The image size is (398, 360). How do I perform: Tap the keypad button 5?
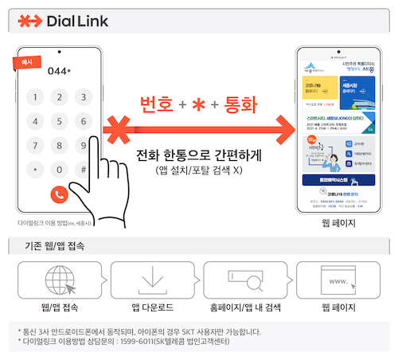coord(58,121)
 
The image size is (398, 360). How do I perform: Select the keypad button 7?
coord(33,146)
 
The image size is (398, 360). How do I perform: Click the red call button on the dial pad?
coord(58,194)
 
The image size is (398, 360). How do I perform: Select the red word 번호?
coord(156,104)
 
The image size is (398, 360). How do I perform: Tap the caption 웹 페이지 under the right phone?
coord(338,224)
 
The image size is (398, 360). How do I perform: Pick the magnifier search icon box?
coord(246,279)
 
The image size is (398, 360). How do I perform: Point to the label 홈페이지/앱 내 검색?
coord(247,307)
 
